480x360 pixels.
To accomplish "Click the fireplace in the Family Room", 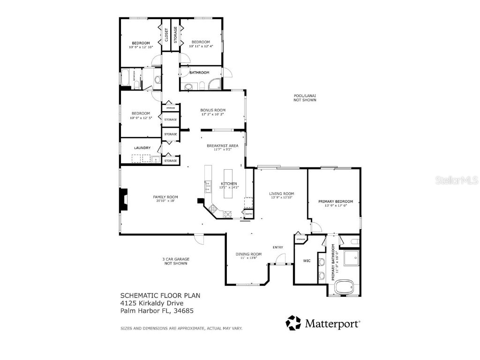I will click(x=123, y=200).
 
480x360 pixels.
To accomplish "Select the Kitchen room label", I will click(x=229, y=183).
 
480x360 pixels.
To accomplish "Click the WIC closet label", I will click(x=307, y=261).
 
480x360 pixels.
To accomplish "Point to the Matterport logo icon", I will click(x=294, y=323).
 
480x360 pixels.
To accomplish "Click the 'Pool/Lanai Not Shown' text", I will click(x=305, y=98).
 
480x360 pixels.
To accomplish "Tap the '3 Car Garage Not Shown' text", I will click(x=176, y=261).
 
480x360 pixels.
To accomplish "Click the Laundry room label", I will click(x=142, y=148).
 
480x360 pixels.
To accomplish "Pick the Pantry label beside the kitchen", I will click(x=249, y=214).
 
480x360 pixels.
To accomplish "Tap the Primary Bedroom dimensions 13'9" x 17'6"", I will click(x=336, y=206).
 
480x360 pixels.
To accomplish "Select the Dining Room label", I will click(x=248, y=254).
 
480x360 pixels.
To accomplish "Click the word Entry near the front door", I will click(x=278, y=247).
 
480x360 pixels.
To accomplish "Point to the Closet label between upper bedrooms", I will click(x=166, y=35).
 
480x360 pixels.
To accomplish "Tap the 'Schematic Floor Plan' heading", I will click(x=160, y=295).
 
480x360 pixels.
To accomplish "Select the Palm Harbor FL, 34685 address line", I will click(x=157, y=310).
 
